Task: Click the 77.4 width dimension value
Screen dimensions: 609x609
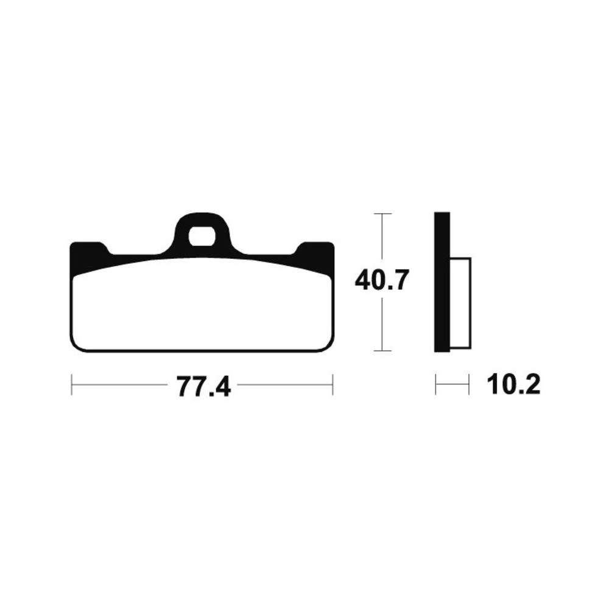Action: pyautogui.click(x=203, y=386)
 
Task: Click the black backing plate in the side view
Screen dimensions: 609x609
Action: pyautogui.click(x=442, y=282)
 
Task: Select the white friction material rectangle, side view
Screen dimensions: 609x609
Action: pyautogui.click(x=460, y=303)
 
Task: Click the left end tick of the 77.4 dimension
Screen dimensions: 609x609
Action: pyautogui.click(x=72, y=385)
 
